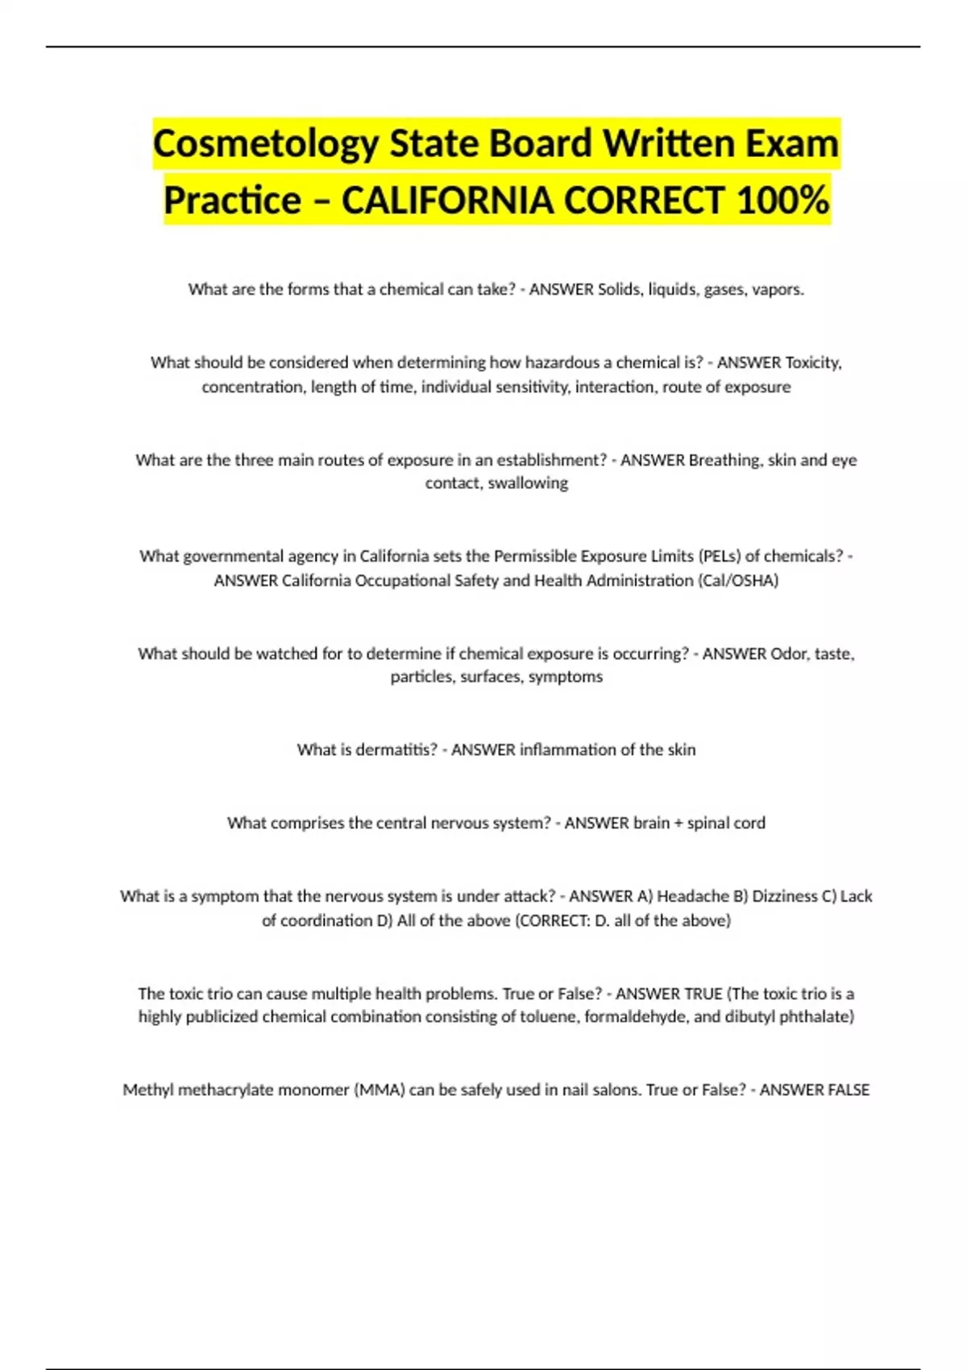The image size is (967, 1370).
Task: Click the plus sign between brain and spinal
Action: [x=678, y=823]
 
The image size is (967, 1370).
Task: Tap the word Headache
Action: [x=693, y=896]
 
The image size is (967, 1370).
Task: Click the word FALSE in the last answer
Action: [x=846, y=1090]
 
